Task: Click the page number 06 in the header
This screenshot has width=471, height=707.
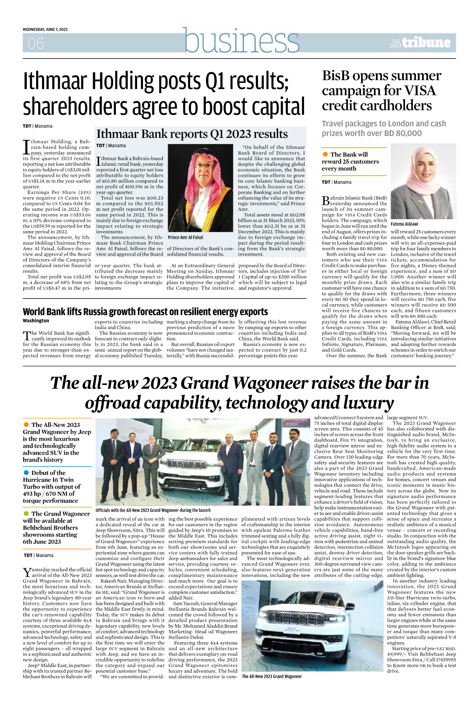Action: [x=36, y=43]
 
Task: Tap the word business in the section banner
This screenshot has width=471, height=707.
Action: [x=242, y=41]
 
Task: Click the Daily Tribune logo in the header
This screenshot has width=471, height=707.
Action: [x=420, y=43]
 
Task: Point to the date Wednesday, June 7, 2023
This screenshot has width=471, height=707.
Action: [x=45, y=29]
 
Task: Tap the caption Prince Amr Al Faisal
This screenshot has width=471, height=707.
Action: [x=185, y=237]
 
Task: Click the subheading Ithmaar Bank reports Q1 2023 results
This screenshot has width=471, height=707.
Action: [x=192, y=134]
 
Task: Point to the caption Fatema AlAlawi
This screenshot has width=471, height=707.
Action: [x=404, y=224]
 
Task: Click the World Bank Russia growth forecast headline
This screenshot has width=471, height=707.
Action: [x=145, y=312]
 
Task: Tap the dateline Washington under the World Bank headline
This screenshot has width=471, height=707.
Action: [x=36, y=321]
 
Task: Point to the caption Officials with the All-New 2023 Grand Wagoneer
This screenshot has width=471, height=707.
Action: [x=153, y=510]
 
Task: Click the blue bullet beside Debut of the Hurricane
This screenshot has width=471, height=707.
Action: [x=26, y=473]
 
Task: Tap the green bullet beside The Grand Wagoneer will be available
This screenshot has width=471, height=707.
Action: [x=26, y=513]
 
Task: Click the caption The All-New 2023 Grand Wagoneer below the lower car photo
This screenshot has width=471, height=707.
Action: [x=272, y=676]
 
